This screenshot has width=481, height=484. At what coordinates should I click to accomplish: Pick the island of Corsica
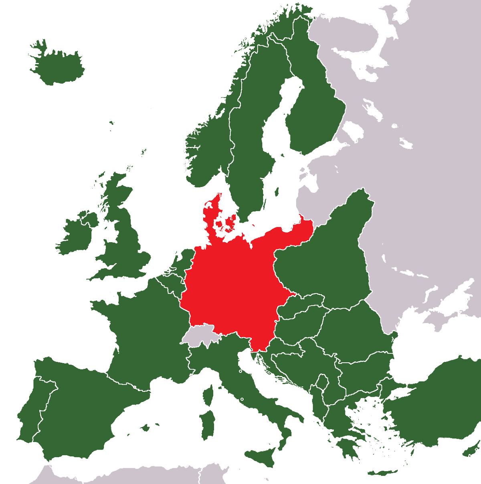(x=208, y=394)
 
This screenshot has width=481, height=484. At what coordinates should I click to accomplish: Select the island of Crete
(x=383, y=472)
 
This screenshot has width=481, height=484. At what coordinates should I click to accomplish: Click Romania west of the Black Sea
(x=353, y=328)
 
